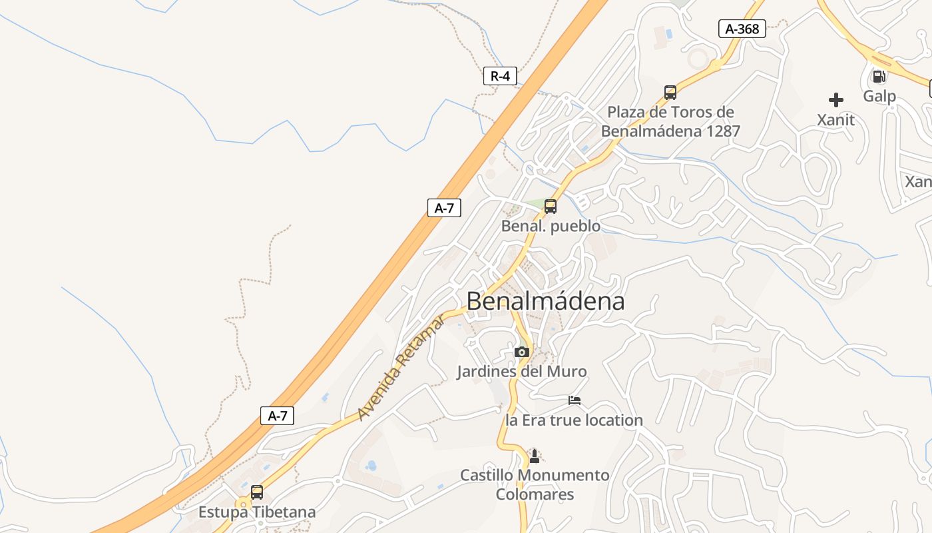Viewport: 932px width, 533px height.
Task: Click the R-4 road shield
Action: [x=500, y=76]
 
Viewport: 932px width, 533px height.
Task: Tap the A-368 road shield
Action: [x=742, y=29]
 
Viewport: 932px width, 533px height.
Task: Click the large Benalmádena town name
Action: [x=545, y=301]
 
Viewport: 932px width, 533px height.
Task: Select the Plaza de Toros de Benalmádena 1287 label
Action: [x=670, y=121]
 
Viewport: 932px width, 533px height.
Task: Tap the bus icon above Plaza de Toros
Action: [x=670, y=93]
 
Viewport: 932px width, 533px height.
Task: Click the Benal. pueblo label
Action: [x=551, y=226]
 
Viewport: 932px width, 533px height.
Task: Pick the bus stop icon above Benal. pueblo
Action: [x=551, y=207]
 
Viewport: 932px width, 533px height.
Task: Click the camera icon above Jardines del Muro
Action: [x=522, y=352]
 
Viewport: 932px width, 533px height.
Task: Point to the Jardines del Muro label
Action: [x=522, y=371]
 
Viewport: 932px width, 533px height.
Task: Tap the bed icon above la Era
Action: [x=575, y=400]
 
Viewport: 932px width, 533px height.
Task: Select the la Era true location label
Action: [x=575, y=420]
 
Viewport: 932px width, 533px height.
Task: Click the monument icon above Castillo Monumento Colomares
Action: [x=534, y=456]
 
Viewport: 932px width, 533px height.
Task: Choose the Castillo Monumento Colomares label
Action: [x=535, y=485]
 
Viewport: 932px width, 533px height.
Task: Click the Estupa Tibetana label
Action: [x=257, y=512]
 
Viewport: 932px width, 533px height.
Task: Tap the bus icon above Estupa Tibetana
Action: [x=257, y=492]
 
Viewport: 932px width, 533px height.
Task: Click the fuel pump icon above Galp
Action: [x=879, y=76]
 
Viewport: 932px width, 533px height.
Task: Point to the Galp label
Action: [x=879, y=96]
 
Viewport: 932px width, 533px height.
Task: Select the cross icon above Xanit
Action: [x=836, y=100]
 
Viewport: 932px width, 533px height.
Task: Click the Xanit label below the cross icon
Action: [x=836, y=120]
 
